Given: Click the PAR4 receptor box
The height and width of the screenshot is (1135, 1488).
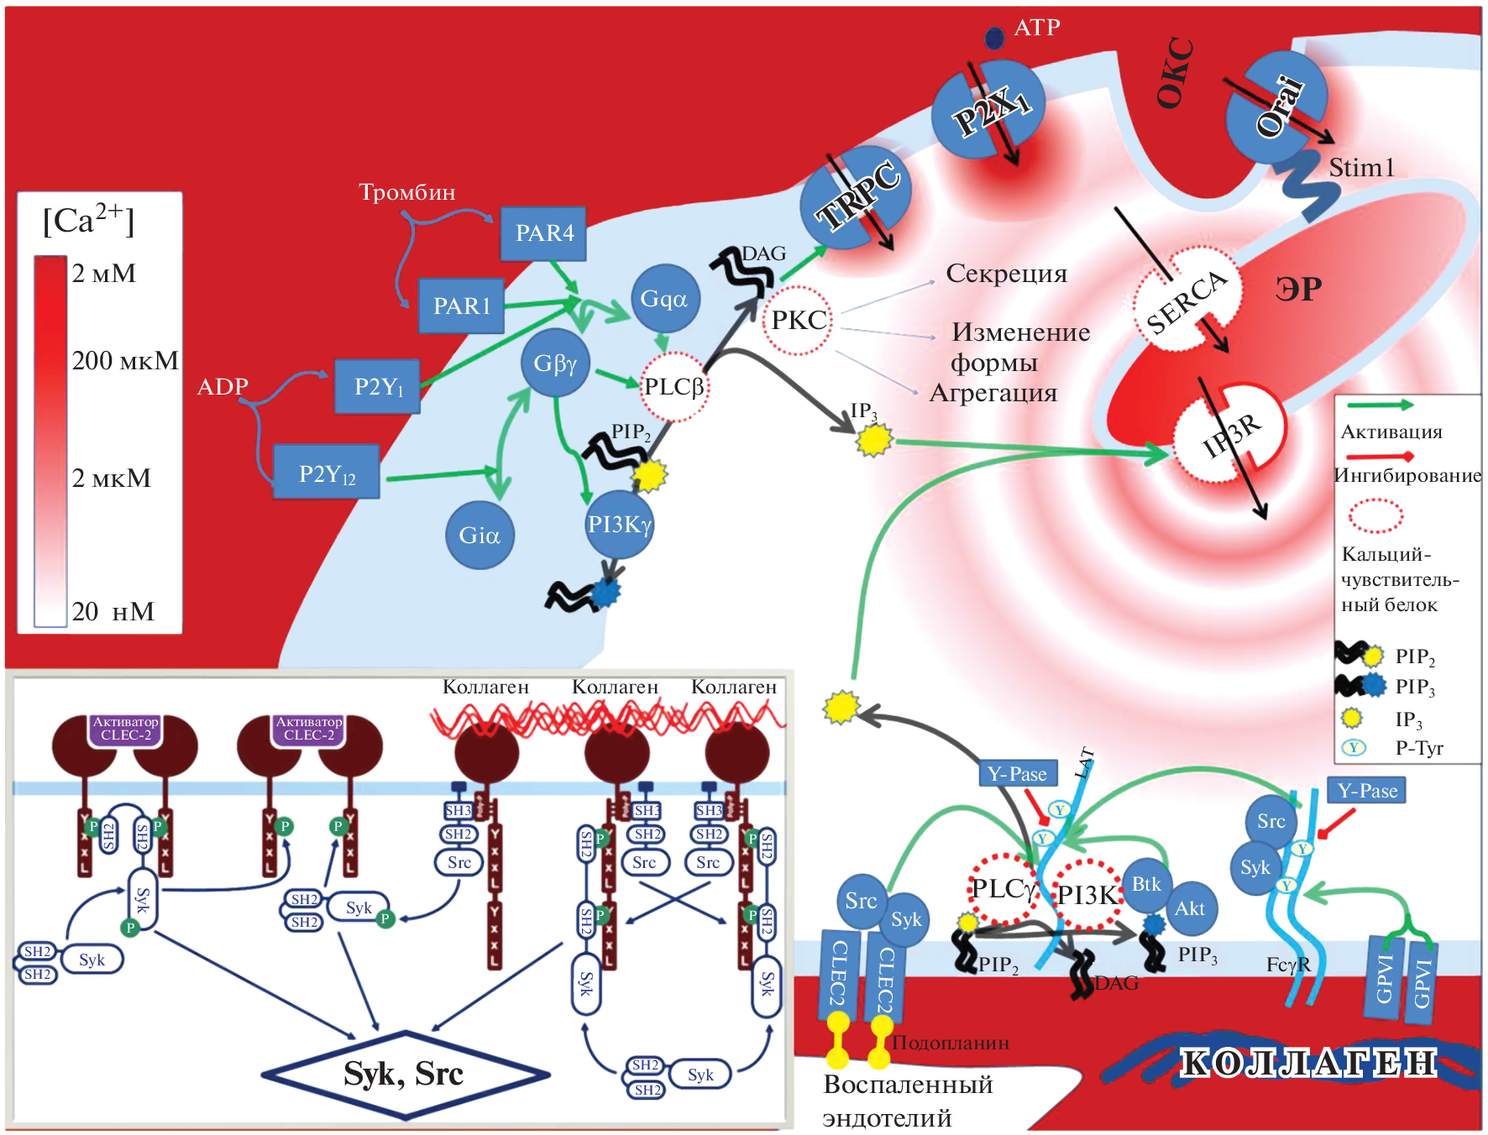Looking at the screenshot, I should [x=543, y=233].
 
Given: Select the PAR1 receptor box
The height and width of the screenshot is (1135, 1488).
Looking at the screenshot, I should [x=461, y=306].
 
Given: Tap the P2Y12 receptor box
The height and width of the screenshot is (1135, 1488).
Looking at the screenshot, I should [x=327, y=473].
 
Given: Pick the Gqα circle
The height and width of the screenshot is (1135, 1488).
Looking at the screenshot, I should [x=664, y=298].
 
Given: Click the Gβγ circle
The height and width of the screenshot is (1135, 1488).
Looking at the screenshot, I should [x=555, y=363].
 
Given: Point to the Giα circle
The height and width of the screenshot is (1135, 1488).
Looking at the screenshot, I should [x=479, y=535].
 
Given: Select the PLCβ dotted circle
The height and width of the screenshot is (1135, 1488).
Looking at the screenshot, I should [x=674, y=387].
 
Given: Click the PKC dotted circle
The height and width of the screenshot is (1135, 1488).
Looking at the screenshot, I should [x=798, y=320].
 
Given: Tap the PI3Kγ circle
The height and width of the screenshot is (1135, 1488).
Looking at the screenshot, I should [x=620, y=525].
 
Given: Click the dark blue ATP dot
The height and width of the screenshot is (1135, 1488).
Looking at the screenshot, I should [x=994, y=38].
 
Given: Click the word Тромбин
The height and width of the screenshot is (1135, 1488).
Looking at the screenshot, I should [x=407, y=192].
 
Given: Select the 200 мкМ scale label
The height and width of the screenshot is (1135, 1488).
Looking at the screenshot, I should [x=124, y=361].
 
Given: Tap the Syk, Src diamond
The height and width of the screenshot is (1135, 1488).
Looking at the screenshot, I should [x=405, y=1075].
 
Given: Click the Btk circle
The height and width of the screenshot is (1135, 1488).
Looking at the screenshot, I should [x=1146, y=885].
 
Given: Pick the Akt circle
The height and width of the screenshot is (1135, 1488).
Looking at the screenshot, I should [x=1190, y=908].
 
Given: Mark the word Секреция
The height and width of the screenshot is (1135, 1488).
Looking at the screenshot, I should [x=1006, y=274].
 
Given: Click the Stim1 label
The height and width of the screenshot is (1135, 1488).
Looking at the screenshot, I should [x=1360, y=168].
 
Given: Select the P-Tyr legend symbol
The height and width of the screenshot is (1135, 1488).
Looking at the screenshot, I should [x=1353, y=747].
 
